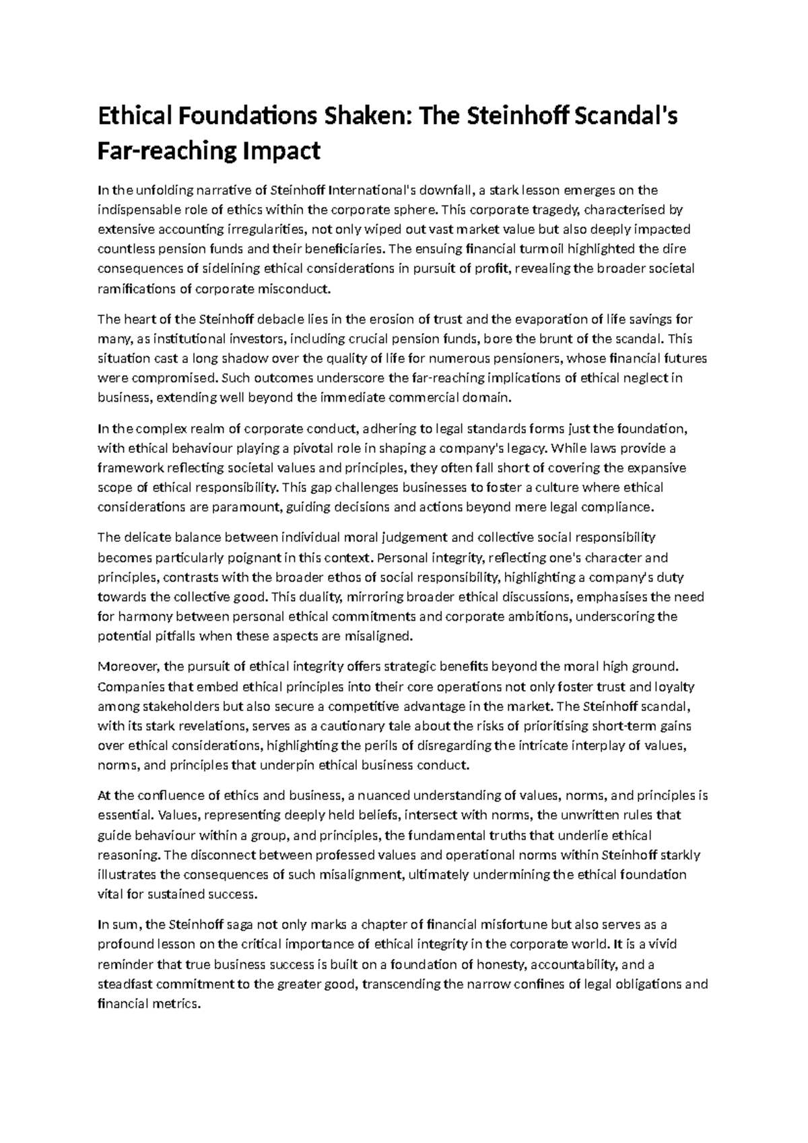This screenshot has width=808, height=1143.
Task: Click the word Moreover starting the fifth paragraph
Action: click(x=128, y=667)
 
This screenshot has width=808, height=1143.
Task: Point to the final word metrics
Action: click(x=175, y=1003)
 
